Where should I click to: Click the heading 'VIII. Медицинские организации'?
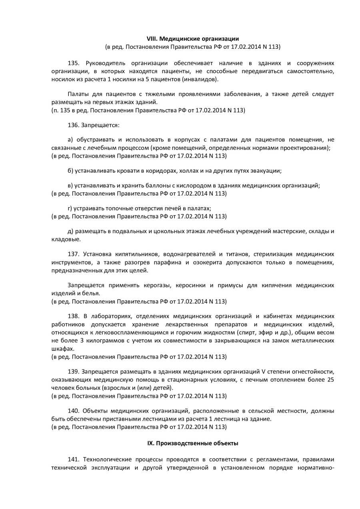pos(193,39)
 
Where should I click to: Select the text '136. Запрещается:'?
pos(94,125)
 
